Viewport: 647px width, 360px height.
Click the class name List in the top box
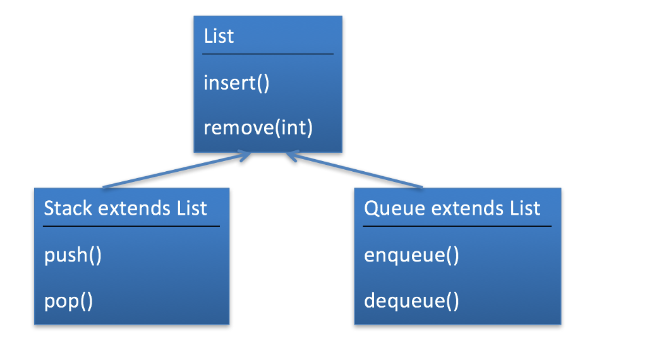(x=219, y=36)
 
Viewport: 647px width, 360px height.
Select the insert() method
(x=236, y=83)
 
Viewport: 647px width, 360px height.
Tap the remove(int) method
(x=258, y=128)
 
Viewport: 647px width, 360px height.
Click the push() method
(x=73, y=256)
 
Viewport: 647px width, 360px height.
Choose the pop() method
(x=68, y=301)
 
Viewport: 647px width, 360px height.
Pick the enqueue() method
(x=411, y=256)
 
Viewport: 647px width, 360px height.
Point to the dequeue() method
(x=411, y=301)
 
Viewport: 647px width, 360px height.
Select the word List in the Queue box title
(x=524, y=208)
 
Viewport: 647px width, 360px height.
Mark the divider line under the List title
(x=267, y=54)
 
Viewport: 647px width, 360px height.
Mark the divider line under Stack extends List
(x=131, y=226)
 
